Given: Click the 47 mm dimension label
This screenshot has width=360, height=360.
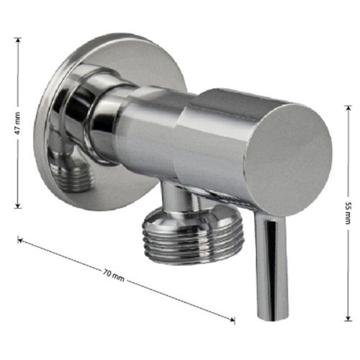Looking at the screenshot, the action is (x=18, y=123).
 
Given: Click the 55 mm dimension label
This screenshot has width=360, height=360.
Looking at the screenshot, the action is (x=348, y=213).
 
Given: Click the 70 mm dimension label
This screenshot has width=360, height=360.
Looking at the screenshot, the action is (x=114, y=275).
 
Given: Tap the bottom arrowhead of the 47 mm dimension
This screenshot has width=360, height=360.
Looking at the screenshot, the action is (x=17, y=206).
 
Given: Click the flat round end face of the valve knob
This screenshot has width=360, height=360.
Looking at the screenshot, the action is (x=289, y=160).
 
